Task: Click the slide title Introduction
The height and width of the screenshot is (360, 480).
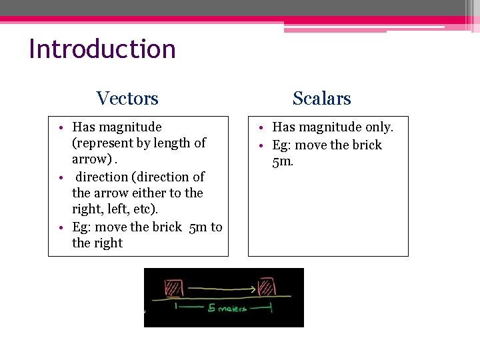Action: click(102, 49)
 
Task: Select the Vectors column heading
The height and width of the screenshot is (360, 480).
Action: click(127, 99)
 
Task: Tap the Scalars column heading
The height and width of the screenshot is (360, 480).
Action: click(321, 99)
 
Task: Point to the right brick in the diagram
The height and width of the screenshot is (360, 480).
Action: click(267, 287)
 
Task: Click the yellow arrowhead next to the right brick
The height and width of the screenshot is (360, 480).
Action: click(253, 289)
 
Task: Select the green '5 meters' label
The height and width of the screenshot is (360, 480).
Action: click(227, 309)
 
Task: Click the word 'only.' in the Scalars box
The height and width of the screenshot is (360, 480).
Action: click(379, 127)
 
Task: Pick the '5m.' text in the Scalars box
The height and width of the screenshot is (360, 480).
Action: click(283, 161)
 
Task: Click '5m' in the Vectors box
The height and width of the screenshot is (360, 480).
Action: click(198, 227)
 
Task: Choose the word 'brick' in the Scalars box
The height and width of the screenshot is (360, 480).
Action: click(366, 145)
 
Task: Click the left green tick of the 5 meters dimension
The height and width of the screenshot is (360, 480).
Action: click(175, 307)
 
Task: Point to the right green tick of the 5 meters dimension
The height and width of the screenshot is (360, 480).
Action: click(271, 307)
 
